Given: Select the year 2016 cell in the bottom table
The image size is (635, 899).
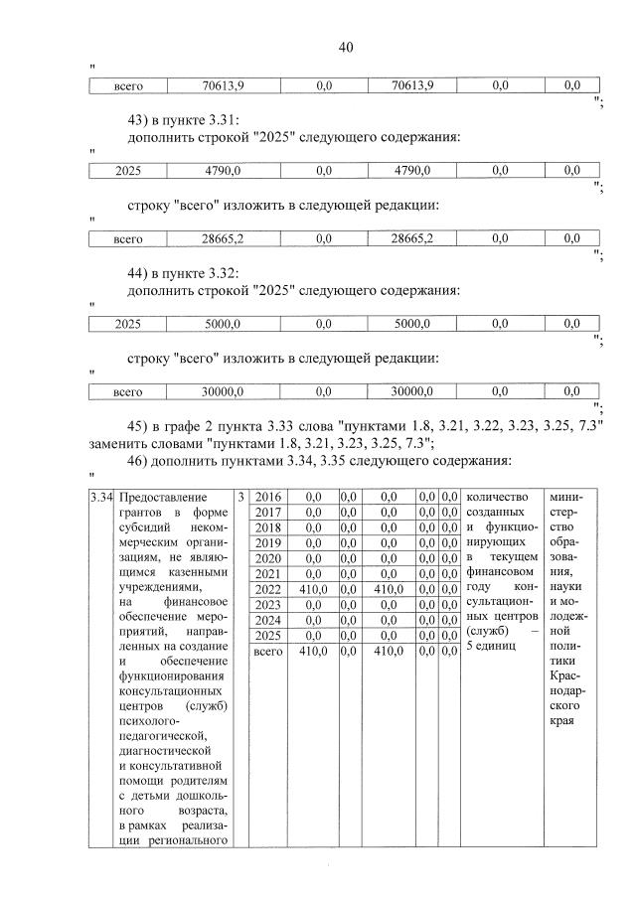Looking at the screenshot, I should click(267, 496).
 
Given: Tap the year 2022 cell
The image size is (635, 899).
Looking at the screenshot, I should click(267, 588).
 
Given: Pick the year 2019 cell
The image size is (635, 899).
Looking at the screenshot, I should click(267, 542).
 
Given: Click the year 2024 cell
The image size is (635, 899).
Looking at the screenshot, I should click(267, 620).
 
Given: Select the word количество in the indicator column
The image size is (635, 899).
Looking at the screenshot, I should click(497, 496).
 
